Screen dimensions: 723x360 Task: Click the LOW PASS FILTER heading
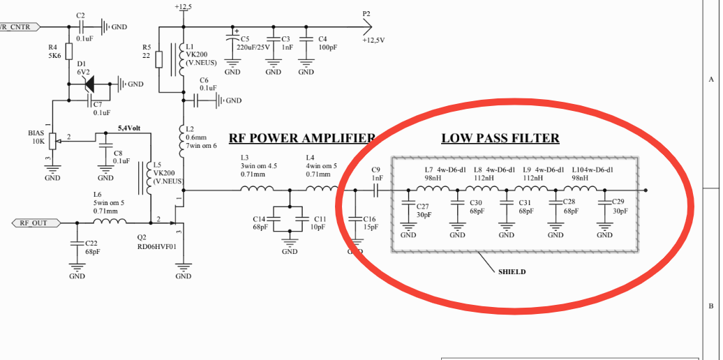point(500,138)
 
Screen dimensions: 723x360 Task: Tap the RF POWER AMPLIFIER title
point(302,138)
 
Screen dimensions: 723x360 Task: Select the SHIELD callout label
point(512,272)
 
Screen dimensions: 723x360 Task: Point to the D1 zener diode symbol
point(89,84)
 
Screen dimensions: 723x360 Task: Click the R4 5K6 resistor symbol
point(69,52)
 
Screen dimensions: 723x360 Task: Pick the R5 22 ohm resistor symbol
point(159,60)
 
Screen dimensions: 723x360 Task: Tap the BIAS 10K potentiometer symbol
point(52,141)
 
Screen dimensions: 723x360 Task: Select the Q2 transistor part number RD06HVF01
point(157,246)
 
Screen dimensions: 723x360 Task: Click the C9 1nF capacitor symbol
point(375,190)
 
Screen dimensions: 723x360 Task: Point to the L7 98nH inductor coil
point(433,188)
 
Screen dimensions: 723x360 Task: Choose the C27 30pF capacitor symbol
point(408,203)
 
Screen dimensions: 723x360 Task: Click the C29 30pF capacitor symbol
point(604,203)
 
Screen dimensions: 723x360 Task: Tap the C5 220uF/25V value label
point(253,47)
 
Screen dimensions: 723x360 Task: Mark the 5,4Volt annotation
point(129,128)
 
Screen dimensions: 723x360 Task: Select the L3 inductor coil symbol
point(257,188)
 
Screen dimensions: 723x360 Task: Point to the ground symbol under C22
point(77,268)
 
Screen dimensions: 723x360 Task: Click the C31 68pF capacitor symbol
point(506,203)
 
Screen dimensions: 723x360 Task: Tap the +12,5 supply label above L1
point(184,7)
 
